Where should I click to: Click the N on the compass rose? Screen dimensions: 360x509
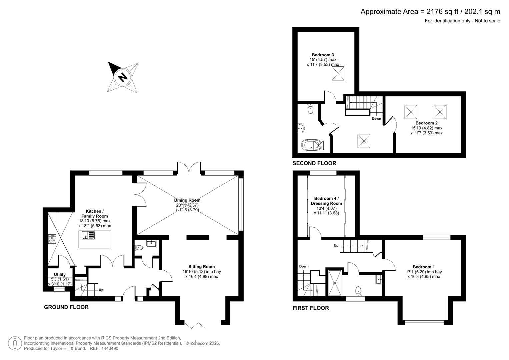tap(123, 77)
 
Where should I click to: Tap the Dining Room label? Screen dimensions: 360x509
tap(187, 200)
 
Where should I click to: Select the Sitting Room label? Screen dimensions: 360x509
tap(201, 267)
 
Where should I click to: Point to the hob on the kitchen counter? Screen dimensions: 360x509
tap(52, 239)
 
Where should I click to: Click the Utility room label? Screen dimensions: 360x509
tap(60, 275)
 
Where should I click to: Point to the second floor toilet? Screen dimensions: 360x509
tap(310, 109)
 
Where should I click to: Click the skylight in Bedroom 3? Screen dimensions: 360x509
tap(338, 73)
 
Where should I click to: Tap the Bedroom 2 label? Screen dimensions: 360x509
tap(426, 123)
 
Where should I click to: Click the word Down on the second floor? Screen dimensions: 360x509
tap(376, 119)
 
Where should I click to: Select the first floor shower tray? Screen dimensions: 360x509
tap(335, 283)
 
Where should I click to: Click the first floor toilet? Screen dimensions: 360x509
tap(358, 291)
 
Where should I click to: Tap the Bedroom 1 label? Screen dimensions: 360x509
tap(423, 267)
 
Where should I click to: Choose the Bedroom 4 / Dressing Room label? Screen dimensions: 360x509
tap(326, 201)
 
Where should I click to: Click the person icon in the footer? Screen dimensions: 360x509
tap(15, 343)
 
